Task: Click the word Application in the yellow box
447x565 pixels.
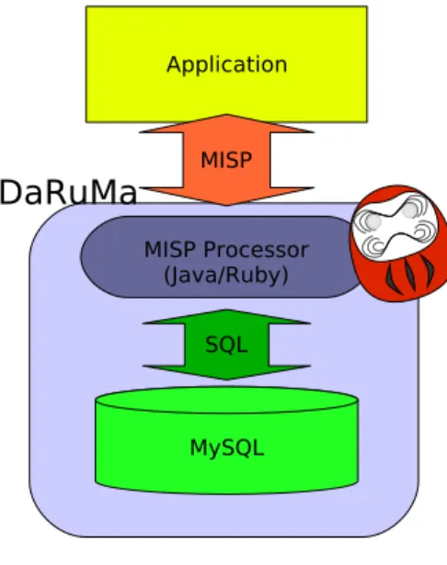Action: coord(227,65)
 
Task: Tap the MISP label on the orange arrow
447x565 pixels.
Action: coord(226,160)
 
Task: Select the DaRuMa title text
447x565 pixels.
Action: coord(68,192)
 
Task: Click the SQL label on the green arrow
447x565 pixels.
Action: coord(226,345)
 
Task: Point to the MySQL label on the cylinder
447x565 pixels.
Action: coord(227,448)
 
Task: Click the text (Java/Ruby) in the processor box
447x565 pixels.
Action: coord(226,276)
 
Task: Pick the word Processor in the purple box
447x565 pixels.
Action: coord(256,249)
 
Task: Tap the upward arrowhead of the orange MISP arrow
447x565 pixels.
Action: coord(226,124)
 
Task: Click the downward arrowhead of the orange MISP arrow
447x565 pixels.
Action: coord(226,197)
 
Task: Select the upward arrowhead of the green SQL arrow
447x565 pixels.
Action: coord(226,317)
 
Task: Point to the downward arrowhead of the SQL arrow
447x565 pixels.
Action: coord(226,373)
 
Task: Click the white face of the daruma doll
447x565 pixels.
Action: coord(395,226)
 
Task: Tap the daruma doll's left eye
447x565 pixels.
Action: coord(373,221)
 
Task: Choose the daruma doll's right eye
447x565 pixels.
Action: coord(410,209)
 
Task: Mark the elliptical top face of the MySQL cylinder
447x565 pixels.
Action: coord(226,400)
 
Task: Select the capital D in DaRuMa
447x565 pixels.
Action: coord(11,192)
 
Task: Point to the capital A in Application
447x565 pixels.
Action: coord(174,64)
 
